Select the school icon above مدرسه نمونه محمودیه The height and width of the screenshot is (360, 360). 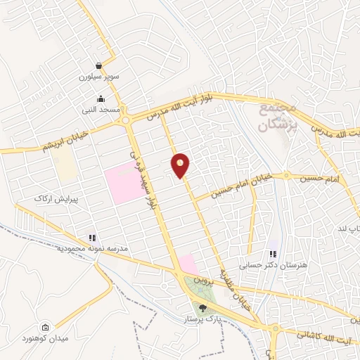(x=91, y=238)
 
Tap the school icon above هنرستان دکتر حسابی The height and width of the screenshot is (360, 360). (x=273, y=254)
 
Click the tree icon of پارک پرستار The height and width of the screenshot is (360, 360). (x=203, y=307)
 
